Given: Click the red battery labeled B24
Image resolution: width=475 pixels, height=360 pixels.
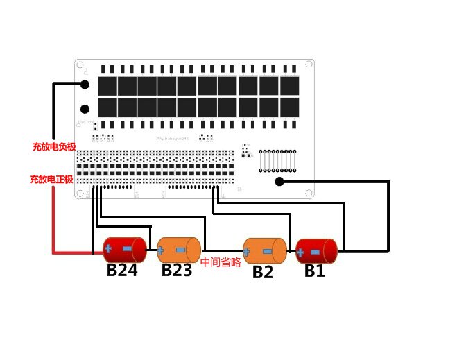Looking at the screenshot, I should coord(125,249).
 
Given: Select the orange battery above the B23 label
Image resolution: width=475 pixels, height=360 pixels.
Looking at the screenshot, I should coord(179,249).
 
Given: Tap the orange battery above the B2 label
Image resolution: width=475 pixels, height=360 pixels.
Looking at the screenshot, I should coord(265,250).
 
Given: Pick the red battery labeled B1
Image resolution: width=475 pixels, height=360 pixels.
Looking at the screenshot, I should coord(316,250).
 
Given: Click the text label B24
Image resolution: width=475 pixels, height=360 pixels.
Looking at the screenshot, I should coord(122,271).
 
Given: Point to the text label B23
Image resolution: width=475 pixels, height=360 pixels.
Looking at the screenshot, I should coord(177,271).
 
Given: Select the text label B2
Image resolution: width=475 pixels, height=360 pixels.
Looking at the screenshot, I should coord(263,272).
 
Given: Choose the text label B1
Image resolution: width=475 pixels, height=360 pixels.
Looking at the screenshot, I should coord(315,271).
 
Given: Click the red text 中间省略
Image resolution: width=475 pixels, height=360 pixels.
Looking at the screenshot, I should coord(221,263).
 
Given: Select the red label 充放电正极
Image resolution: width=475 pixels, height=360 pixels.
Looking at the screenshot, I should coord(51,179).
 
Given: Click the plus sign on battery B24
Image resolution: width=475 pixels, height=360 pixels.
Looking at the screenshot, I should coord(109,248).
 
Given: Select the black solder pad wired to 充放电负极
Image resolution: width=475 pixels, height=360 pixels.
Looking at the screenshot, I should coord(85,85).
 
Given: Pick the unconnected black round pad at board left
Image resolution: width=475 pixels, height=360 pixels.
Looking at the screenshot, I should coord(85,109).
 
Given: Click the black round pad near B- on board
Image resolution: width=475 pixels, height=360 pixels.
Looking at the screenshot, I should coord(279,182).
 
